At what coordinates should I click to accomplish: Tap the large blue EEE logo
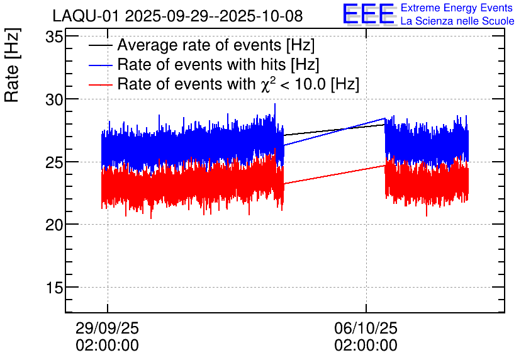tap(369, 14)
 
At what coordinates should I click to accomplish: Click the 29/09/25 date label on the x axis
tap(107, 329)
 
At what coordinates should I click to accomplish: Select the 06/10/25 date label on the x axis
tap(366, 329)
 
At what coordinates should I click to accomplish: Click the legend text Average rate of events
tap(216, 46)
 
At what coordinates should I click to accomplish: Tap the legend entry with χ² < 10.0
tap(238, 84)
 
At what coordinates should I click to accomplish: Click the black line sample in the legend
tap(101, 46)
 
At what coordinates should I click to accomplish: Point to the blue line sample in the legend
tap(101, 65)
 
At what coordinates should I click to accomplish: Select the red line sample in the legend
tap(101, 84)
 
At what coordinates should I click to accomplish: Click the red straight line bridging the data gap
tap(333, 174)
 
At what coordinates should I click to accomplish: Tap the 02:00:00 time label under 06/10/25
tap(366, 346)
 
